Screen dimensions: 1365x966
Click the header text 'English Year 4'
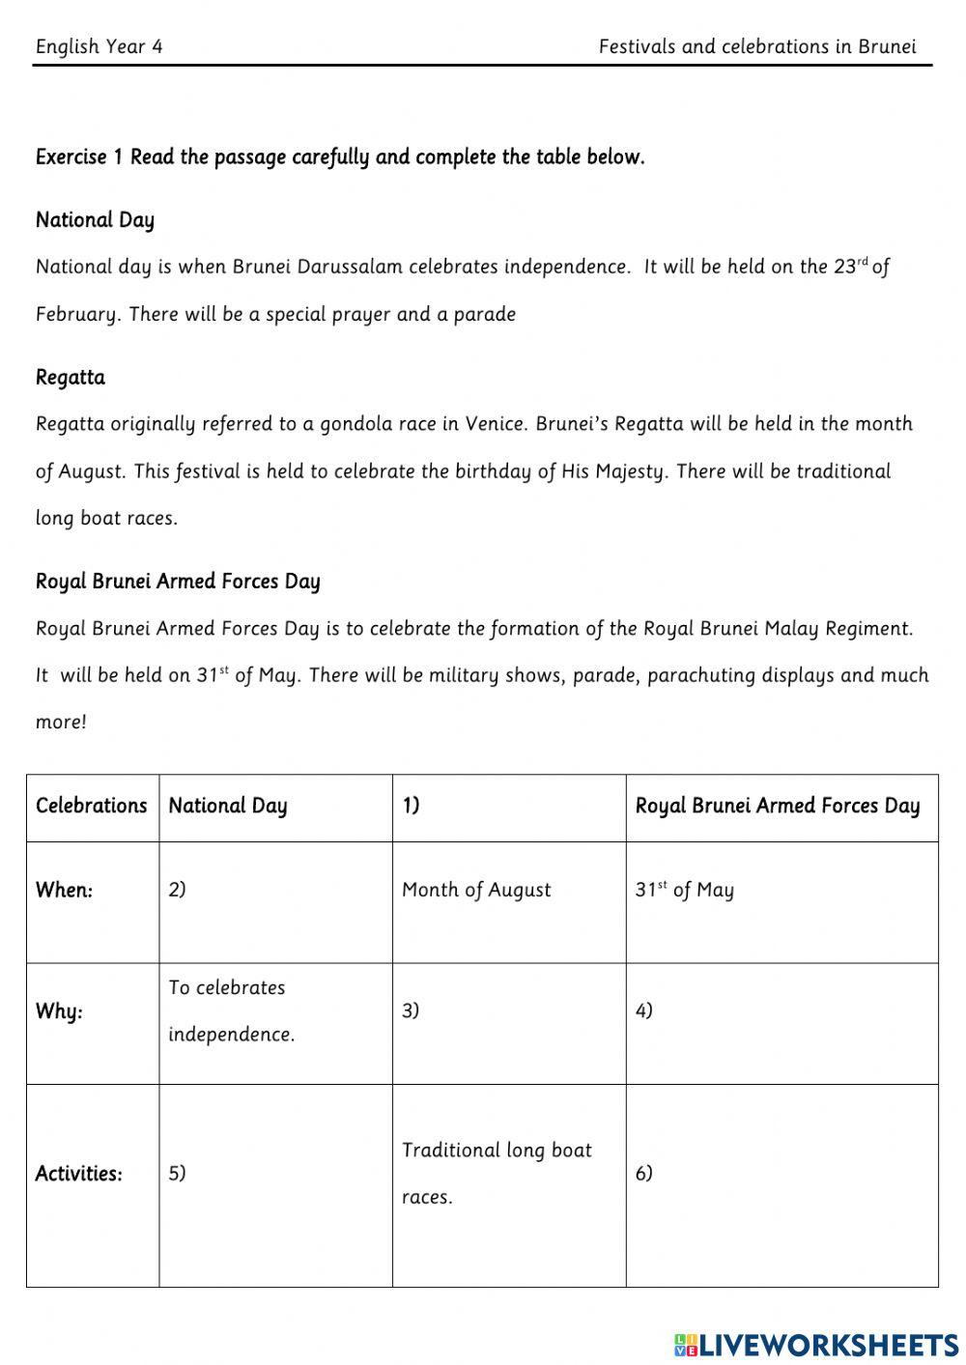point(99,46)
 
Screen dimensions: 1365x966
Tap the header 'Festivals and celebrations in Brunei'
point(756,46)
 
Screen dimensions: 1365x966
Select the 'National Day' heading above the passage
point(95,220)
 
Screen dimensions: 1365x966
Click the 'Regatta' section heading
point(71,378)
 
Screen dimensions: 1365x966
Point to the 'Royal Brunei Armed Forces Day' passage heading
point(178,582)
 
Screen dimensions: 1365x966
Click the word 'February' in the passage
point(77,315)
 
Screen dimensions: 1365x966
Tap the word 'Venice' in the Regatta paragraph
point(495,424)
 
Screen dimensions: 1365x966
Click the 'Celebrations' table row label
point(92,806)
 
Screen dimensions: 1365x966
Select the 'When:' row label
point(64,891)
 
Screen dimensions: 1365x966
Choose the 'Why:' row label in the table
point(59,1011)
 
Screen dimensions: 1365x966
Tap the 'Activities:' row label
point(78,1174)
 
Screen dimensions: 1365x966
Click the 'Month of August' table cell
point(476,890)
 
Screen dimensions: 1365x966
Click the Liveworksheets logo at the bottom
point(815,1344)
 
